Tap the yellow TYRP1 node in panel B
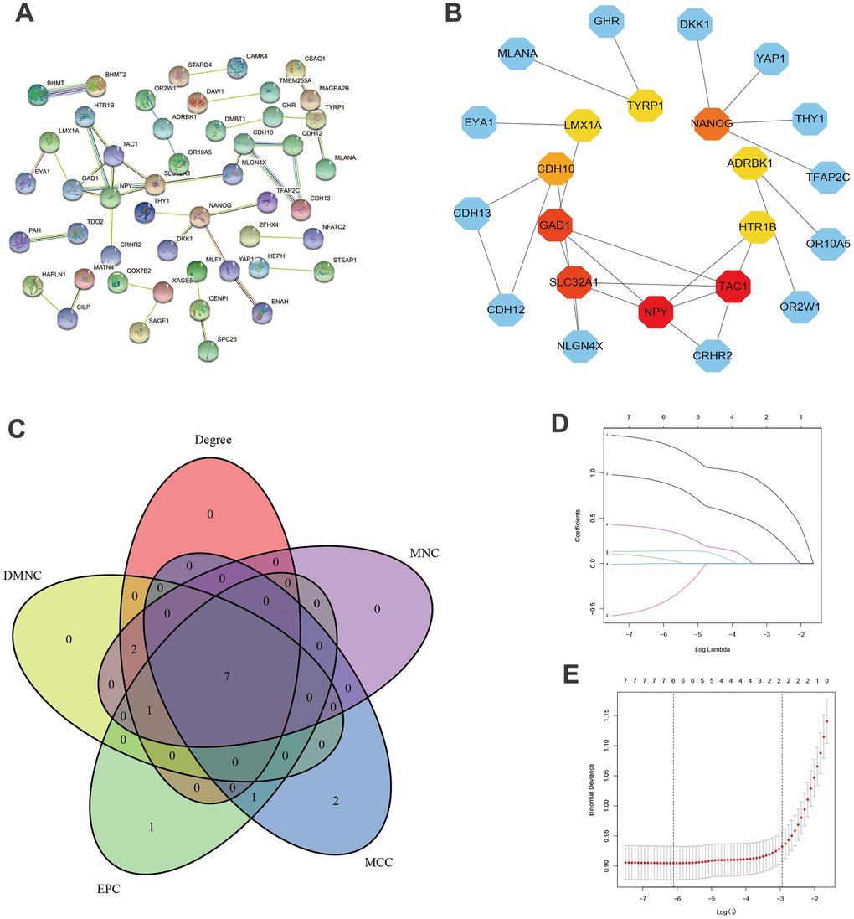click(645, 105)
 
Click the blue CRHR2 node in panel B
click(714, 355)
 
